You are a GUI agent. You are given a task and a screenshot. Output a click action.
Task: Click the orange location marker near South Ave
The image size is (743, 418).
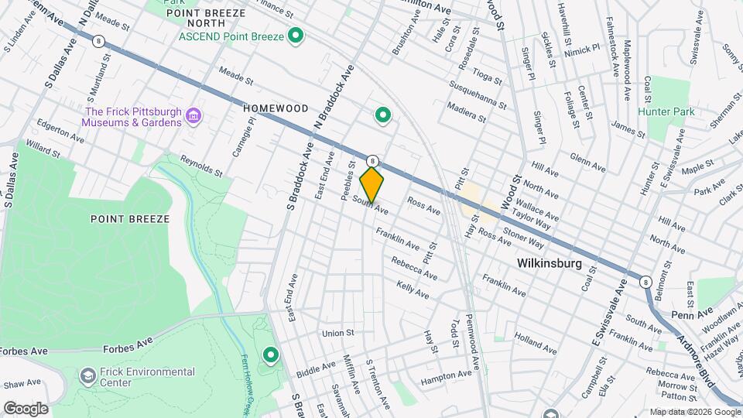click(372, 184)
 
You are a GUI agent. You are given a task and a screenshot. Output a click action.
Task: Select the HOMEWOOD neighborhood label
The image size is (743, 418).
click(276, 108)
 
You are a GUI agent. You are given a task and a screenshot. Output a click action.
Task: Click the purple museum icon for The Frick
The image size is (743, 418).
click(193, 118)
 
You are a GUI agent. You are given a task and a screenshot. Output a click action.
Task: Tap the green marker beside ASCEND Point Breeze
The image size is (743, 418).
click(295, 36)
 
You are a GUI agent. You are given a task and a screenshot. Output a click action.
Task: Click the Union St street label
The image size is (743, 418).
click(337, 334)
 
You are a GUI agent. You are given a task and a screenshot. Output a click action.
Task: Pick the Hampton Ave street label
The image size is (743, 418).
click(446, 378)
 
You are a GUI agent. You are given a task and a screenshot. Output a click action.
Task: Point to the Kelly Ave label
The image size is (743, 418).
click(413, 290)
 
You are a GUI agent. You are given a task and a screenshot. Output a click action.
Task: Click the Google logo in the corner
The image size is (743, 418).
click(26, 408)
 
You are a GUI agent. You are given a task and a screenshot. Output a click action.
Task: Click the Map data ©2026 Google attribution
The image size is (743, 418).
click(695, 412)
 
